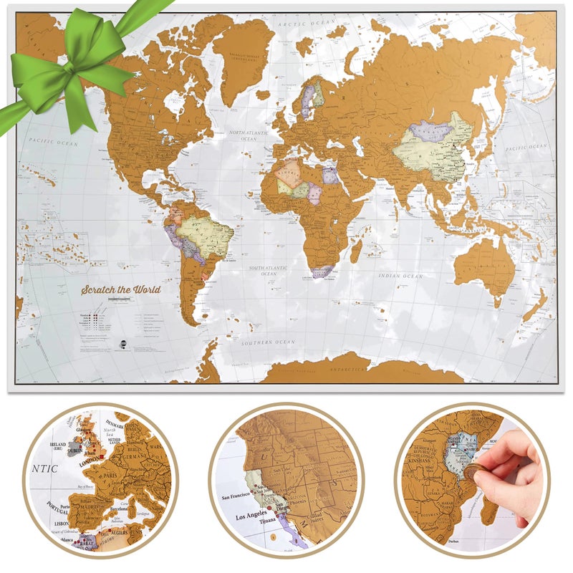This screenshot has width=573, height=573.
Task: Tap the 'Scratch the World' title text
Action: (x=121, y=289)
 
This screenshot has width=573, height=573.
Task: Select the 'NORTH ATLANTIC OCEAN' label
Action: (x=248, y=135)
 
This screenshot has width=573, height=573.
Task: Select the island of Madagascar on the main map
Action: (x=356, y=249)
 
